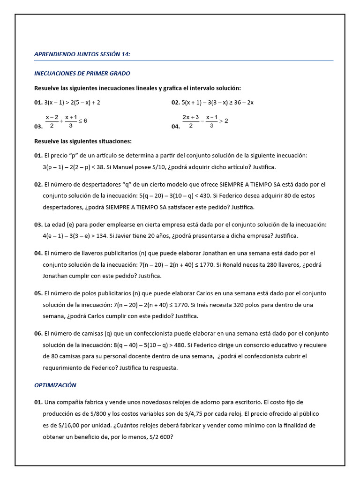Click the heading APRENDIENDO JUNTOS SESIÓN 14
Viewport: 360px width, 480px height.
82,54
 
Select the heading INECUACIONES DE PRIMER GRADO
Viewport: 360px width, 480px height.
82,74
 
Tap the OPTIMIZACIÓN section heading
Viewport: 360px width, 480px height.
55,385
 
